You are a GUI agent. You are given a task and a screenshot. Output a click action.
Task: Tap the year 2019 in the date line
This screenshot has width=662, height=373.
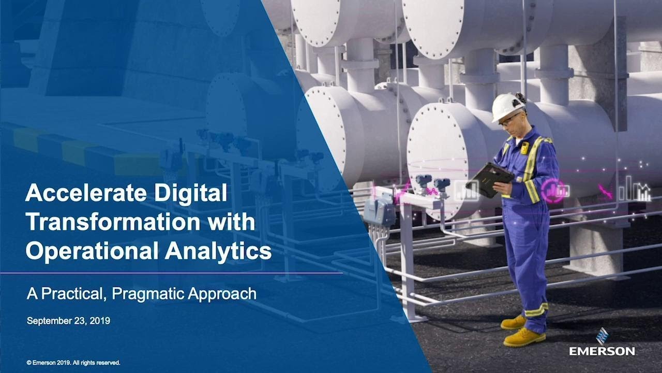click(100, 321)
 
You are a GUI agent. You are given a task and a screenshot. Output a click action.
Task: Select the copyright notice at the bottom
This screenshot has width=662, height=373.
click(73, 363)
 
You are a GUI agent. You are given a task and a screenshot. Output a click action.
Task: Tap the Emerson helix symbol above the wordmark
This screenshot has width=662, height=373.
click(602, 335)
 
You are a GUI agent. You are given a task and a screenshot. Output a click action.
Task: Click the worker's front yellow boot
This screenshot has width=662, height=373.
click(524, 337)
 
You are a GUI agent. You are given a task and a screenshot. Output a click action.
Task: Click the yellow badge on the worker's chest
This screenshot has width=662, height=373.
click(524, 148)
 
